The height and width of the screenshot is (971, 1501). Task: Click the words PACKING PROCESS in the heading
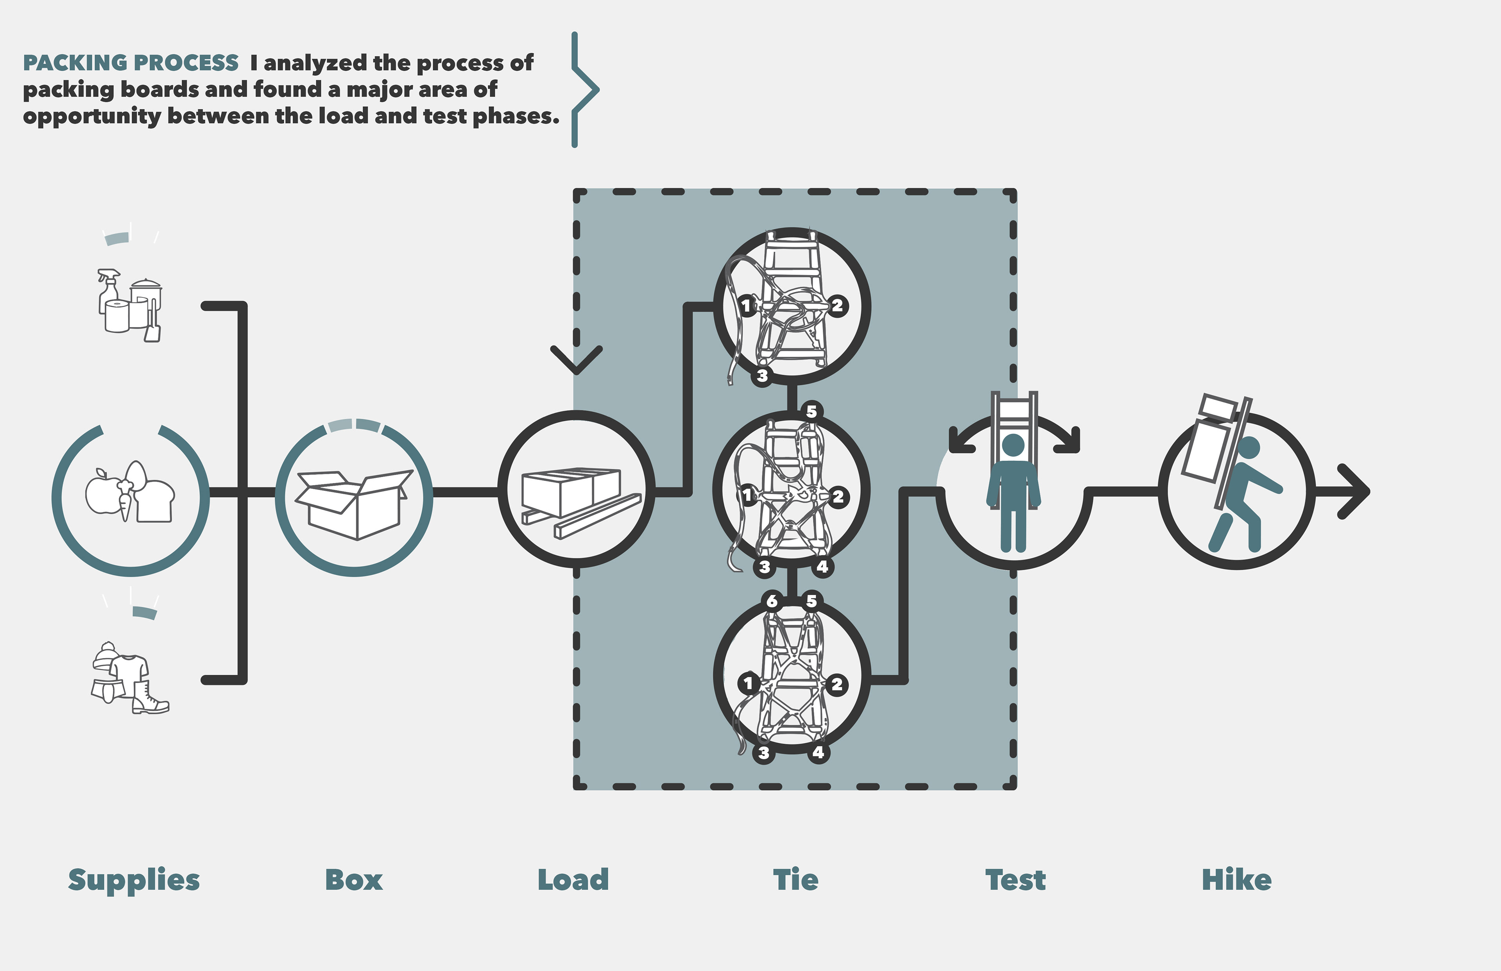131,63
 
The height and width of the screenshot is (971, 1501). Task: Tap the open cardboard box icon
353,504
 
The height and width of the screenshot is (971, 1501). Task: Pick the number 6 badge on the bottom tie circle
772,601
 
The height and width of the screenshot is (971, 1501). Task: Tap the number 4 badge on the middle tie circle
822,567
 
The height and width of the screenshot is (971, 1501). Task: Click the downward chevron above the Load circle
576,359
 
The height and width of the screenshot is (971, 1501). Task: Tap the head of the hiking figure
1249,448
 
